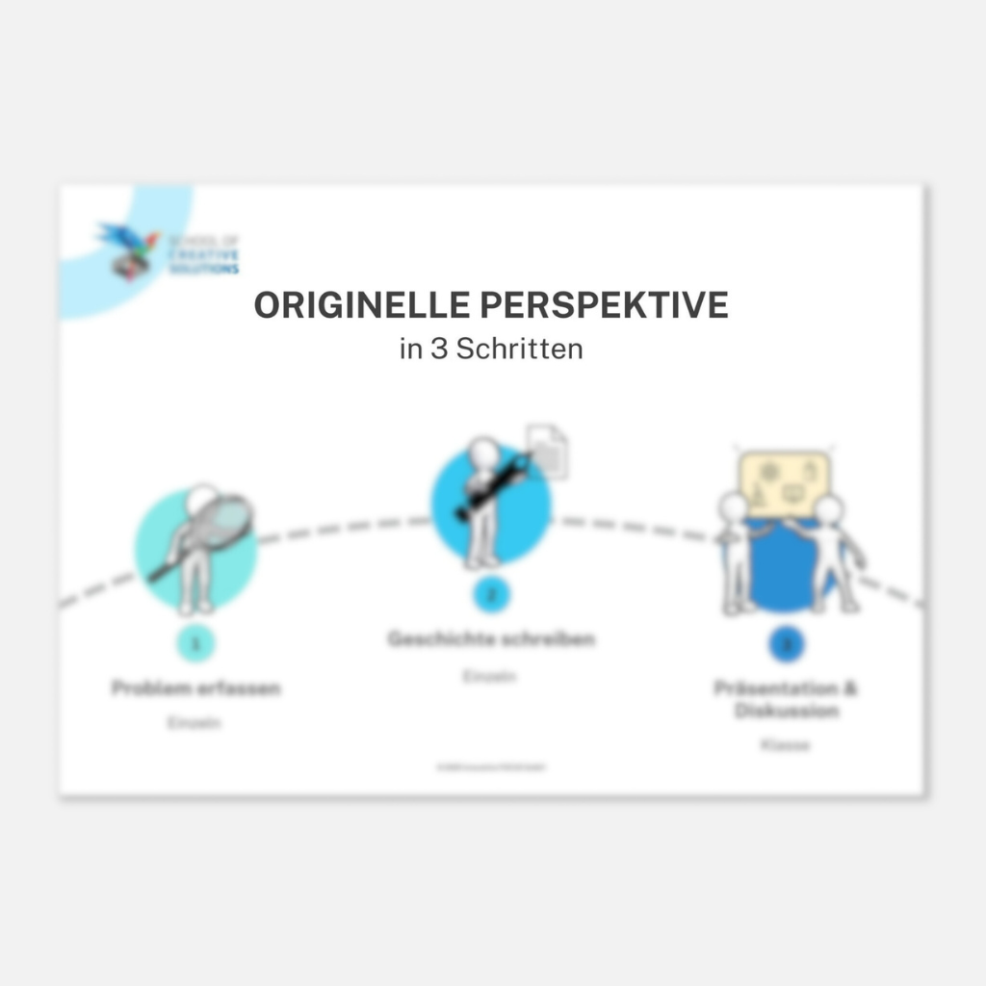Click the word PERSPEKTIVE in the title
click(604, 305)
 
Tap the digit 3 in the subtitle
click(438, 349)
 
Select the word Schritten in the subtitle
click(519, 349)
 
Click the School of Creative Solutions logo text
click(203, 255)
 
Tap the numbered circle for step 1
click(196, 643)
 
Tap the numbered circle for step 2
click(491, 594)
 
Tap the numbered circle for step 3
click(787, 644)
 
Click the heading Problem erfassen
click(196, 688)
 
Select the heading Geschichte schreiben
click(491, 638)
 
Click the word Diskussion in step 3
click(787, 712)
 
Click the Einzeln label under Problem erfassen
click(195, 722)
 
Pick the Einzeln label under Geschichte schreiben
click(490, 677)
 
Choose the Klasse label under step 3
click(786, 744)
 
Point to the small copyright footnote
click(497, 767)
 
